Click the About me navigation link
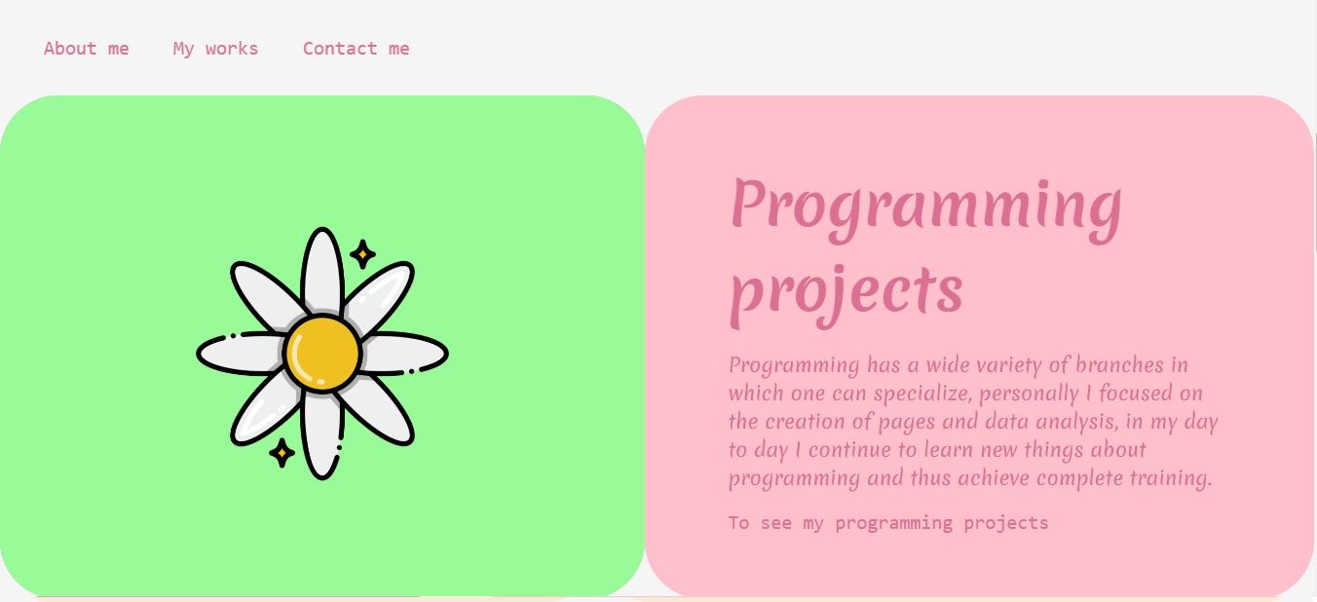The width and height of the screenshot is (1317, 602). click(x=87, y=48)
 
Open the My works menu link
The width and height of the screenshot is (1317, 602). click(x=216, y=49)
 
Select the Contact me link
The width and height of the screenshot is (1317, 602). click(x=357, y=48)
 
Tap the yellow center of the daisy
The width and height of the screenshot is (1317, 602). click(x=321, y=354)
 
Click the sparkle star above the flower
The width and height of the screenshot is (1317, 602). click(x=362, y=254)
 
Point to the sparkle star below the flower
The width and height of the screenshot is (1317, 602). click(x=282, y=453)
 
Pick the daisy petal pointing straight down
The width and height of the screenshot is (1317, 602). click(x=321, y=436)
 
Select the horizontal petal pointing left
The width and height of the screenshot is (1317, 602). click(x=241, y=354)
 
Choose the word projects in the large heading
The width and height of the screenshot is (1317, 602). click(x=847, y=295)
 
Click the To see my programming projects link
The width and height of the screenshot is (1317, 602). click(x=888, y=523)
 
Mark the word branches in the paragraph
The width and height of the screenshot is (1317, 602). click(x=1119, y=364)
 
